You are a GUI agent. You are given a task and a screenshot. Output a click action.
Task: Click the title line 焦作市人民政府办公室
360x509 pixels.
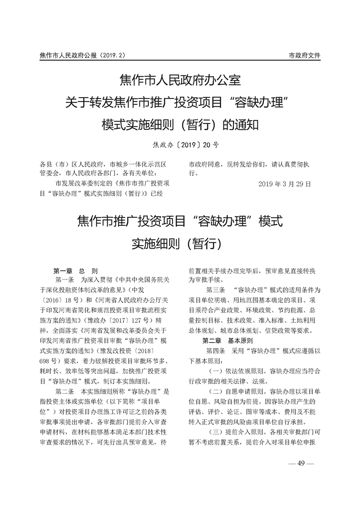tap(180, 81)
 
